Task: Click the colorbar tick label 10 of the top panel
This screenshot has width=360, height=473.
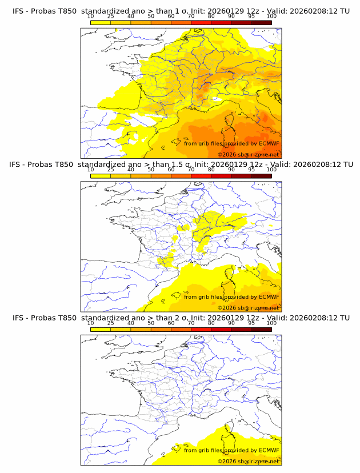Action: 91,16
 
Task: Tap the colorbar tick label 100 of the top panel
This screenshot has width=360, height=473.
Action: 271,16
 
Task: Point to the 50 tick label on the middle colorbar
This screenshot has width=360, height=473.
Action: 151,169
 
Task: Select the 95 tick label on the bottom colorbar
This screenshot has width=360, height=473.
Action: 251,323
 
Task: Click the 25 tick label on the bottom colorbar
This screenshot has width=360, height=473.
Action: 111,323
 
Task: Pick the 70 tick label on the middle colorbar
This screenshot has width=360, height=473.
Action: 191,169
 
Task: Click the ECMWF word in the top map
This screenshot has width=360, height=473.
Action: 269,143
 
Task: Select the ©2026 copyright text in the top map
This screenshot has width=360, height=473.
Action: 227,155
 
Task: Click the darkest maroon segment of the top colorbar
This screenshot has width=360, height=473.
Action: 261,22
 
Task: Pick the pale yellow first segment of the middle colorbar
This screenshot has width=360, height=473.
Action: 101,176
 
